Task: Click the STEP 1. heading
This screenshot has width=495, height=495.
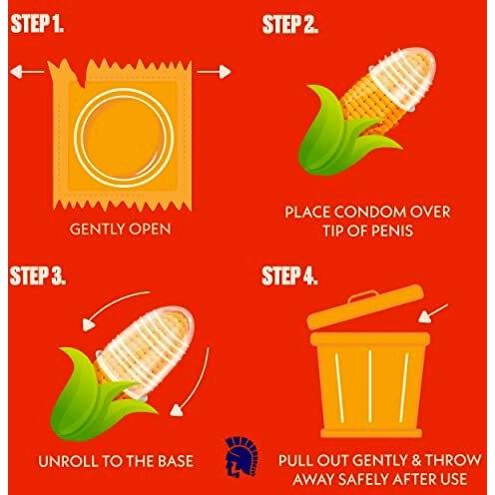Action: click(37, 23)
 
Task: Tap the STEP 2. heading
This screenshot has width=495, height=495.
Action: click(289, 24)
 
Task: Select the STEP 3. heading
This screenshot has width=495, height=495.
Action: click(38, 275)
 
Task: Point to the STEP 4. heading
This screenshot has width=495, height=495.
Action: click(289, 275)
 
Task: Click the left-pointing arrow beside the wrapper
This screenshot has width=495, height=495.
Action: click(27, 72)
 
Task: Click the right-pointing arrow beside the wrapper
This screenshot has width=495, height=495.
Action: click(214, 72)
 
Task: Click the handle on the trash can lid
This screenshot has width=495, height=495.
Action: click(362, 295)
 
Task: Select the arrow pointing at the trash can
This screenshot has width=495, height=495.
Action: click(433, 313)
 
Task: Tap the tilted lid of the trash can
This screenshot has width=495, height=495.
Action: click(365, 306)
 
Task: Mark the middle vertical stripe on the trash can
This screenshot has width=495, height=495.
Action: click(370, 386)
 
